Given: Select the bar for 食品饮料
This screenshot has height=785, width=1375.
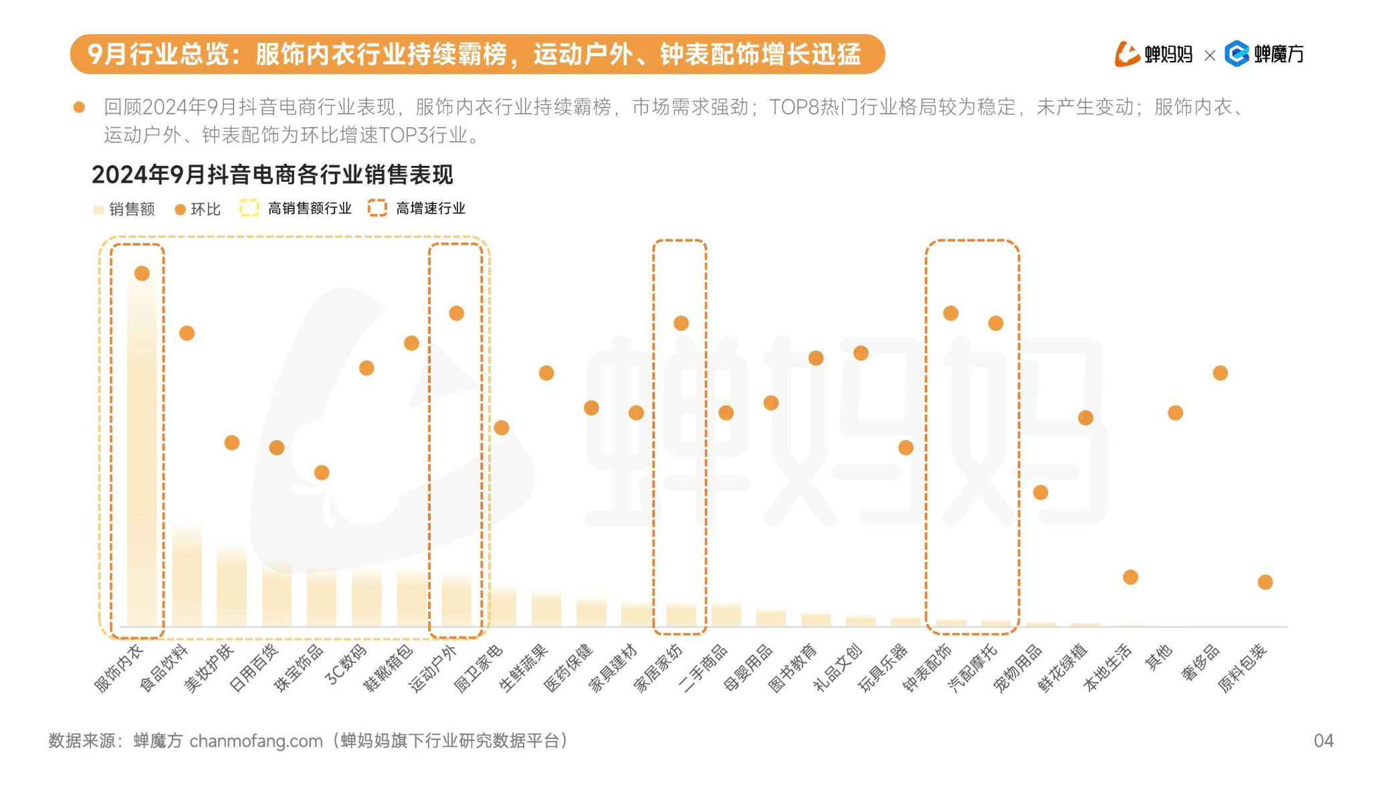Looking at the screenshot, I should pos(187,575).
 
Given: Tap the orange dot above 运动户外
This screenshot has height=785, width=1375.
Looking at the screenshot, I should pos(457,313).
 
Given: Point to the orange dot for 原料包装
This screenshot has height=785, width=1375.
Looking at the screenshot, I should pos(1265,582).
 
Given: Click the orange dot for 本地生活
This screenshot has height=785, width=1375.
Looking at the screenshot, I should pos(1130,577).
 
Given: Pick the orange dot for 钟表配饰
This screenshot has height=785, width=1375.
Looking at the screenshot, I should pos(950,313).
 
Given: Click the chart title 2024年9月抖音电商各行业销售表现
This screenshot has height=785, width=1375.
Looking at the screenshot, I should pos(272,175).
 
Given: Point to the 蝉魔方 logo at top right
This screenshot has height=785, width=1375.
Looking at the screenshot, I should pos(1264,53).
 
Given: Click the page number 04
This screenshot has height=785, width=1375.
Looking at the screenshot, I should pos(1324,740).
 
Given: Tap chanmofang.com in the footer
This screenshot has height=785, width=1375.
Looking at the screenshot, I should pos(256,741).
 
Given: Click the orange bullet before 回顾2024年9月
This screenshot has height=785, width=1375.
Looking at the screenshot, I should pos(79,107).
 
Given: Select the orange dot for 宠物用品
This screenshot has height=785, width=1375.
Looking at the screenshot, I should pos(1041,493).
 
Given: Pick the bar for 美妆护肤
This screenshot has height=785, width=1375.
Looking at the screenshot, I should pos(231,585).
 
